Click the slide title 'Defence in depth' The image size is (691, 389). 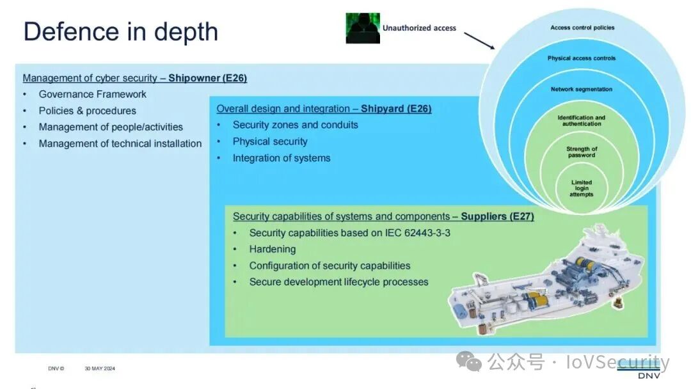pos(121,32)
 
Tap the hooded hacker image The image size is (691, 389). pos(363,28)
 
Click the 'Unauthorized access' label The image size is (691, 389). pos(419,28)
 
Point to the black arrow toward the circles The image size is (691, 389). pos(479,40)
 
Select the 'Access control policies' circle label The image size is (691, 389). pos(582,28)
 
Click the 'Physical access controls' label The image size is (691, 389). pos(582,58)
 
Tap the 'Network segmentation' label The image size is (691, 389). pos(582,89)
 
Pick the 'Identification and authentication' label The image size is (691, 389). pos(581,121)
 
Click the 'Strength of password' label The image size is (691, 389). pos(582,152)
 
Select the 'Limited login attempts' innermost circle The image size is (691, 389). pos(582,188)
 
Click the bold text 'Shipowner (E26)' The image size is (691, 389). pos(207,78)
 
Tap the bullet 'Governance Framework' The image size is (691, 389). pos(93,94)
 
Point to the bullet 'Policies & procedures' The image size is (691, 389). pos(87,111)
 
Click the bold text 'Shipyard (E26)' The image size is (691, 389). pos(396,109)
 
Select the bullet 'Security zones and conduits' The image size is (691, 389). pos(295,125)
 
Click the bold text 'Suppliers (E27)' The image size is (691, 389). pos(498,216)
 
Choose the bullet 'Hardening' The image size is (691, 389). pos(273,249)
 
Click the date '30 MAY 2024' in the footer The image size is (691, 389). pos(100,369)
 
